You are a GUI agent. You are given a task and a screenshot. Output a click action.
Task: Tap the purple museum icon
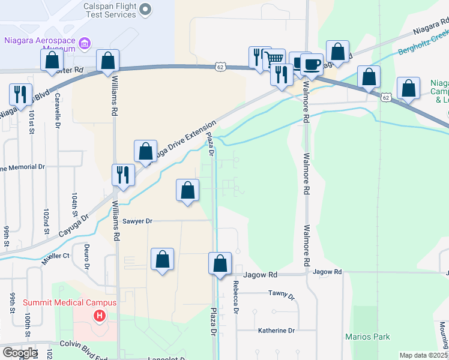click(85, 43)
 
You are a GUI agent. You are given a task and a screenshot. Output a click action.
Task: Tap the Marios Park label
click(367, 337)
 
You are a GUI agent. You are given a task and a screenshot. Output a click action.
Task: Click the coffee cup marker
click(311, 65)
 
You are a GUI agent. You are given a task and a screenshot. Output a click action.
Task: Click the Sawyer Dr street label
click(137, 221)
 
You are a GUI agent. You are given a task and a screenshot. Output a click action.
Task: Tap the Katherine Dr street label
click(276, 331)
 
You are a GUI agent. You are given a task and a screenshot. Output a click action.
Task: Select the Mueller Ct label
click(56, 256)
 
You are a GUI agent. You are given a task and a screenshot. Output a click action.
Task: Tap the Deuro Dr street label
click(86, 256)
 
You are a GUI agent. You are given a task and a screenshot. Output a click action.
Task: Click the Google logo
click(19, 353)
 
